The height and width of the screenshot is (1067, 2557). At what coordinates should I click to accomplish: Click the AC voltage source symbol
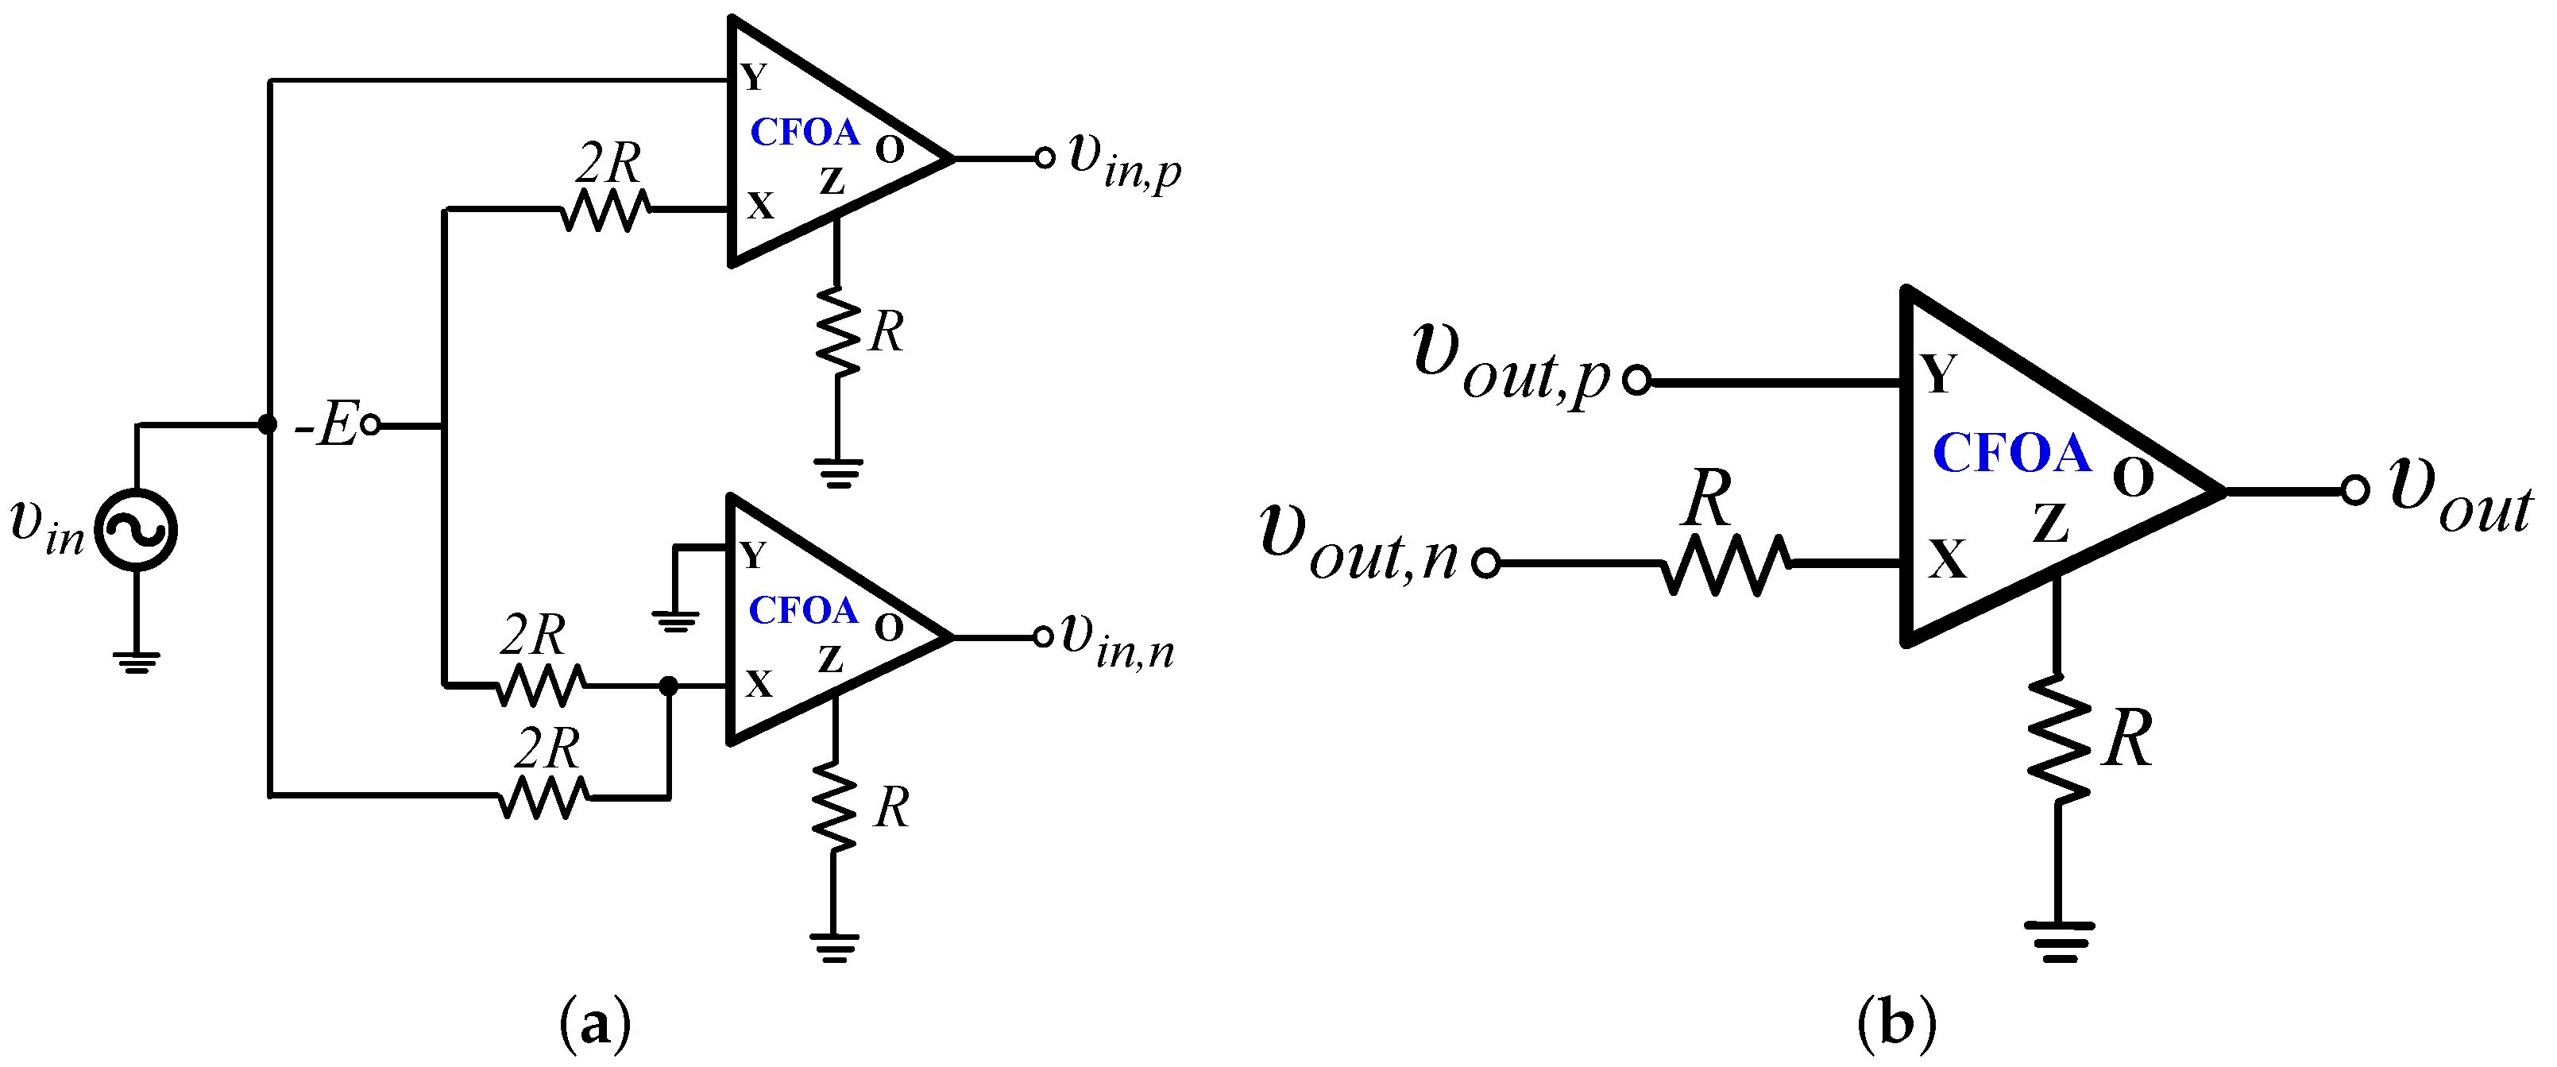[x=136, y=530]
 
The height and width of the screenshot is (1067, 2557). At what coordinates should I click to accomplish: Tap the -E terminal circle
[x=369, y=426]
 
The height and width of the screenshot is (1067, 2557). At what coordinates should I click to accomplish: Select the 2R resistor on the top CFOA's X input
[x=604, y=210]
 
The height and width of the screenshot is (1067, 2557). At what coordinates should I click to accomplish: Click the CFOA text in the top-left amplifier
[x=803, y=132]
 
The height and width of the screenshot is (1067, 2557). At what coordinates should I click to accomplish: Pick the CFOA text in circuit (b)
[x=2011, y=454]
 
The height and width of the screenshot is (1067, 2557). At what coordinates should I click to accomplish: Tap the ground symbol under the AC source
[x=136, y=662]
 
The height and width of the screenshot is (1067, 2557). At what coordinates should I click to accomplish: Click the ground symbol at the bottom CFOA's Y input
[x=675, y=622]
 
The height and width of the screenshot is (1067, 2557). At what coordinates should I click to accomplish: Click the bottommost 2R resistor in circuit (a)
[x=543, y=796]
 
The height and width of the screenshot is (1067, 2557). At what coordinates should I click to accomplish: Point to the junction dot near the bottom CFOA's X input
[x=669, y=686]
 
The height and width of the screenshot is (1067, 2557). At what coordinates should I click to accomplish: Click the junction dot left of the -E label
[x=267, y=425]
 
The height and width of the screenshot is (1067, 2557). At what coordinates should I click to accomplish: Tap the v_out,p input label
[x=1508, y=367]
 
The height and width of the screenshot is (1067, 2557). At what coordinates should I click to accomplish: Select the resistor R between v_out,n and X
[x=1726, y=564]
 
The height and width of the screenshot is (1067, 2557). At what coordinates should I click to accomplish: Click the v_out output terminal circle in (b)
[x=2355, y=490]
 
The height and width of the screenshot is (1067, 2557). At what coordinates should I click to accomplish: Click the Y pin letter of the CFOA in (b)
[x=1938, y=374]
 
